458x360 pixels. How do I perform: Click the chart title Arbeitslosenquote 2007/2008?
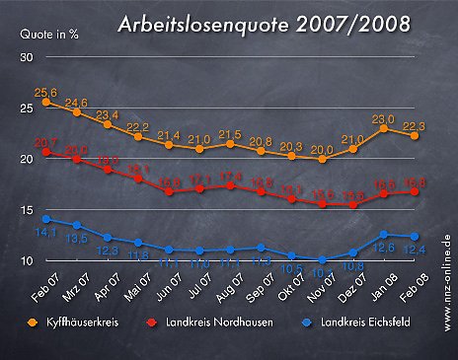click(265, 24)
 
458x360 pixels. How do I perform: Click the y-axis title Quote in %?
click(50, 33)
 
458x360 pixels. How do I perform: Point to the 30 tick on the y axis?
click(27, 57)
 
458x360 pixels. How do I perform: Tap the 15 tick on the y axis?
click(27, 210)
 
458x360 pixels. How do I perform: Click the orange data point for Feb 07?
click(46, 103)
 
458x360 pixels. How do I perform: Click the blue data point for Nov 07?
click(322, 260)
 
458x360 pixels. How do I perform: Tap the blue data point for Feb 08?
click(415, 237)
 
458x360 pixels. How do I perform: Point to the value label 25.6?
click(45, 92)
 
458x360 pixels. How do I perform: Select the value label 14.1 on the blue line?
click(45, 233)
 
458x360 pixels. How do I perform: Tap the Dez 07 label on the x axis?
click(348, 283)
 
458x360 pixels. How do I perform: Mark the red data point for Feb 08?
click(415, 191)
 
